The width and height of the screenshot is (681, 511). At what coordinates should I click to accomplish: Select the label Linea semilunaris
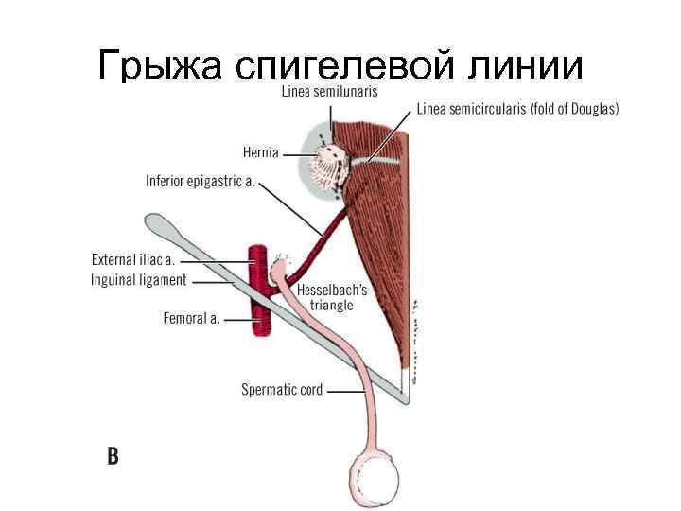[x=329, y=92]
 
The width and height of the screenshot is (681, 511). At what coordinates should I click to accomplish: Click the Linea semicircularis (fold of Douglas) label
[x=518, y=109]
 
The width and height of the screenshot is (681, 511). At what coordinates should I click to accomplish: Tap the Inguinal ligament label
[x=139, y=279]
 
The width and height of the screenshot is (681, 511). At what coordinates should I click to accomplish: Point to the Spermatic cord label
[x=282, y=388]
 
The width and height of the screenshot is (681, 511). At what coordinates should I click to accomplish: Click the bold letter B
[x=113, y=457]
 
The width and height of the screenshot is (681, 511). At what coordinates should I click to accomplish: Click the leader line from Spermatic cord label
[x=344, y=389]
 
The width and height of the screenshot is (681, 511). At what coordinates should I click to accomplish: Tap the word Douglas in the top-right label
[x=590, y=109]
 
